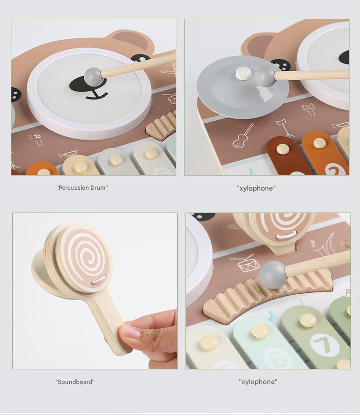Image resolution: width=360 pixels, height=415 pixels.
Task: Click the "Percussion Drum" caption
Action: pos(82,187)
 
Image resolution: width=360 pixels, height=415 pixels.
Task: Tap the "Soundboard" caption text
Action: pos(75,382)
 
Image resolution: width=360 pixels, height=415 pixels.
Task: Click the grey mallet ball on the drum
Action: pos(93,75)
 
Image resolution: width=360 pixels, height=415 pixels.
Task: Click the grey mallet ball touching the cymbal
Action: pos(265,76)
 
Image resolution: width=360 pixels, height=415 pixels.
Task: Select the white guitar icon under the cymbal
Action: pos(243,136)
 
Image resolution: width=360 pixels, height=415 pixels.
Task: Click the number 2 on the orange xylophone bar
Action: pos(335,169)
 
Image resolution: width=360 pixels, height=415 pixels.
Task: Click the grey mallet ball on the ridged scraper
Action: pos(273,275)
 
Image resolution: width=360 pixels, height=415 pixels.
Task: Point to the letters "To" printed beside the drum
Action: pos(37,136)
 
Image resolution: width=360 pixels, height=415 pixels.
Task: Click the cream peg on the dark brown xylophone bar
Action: pos(283,149)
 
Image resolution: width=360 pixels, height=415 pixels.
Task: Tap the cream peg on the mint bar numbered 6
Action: pos(259,332)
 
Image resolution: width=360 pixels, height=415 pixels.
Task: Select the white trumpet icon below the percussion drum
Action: pos(67,154)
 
